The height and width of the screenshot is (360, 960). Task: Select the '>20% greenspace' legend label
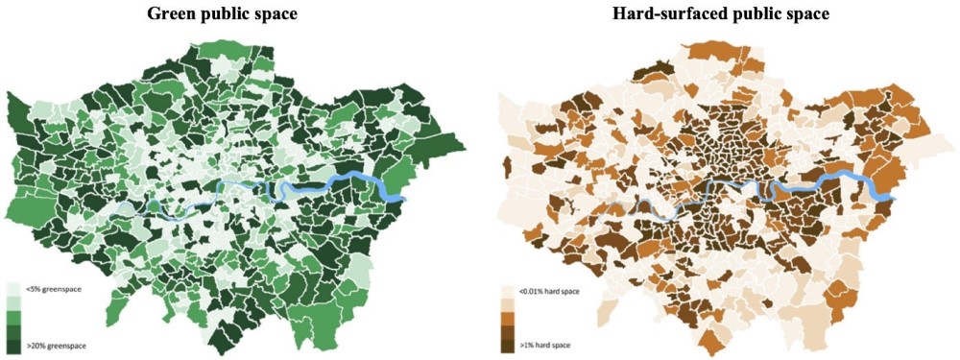[x=50, y=342]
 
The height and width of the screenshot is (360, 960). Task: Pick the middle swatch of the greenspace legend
[x=12, y=316]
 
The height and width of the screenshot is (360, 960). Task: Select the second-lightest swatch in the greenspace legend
[x=12, y=302]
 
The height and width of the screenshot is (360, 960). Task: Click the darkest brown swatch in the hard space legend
[x=508, y=344]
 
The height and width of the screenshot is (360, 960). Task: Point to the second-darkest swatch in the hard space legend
[x=508, y=330]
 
